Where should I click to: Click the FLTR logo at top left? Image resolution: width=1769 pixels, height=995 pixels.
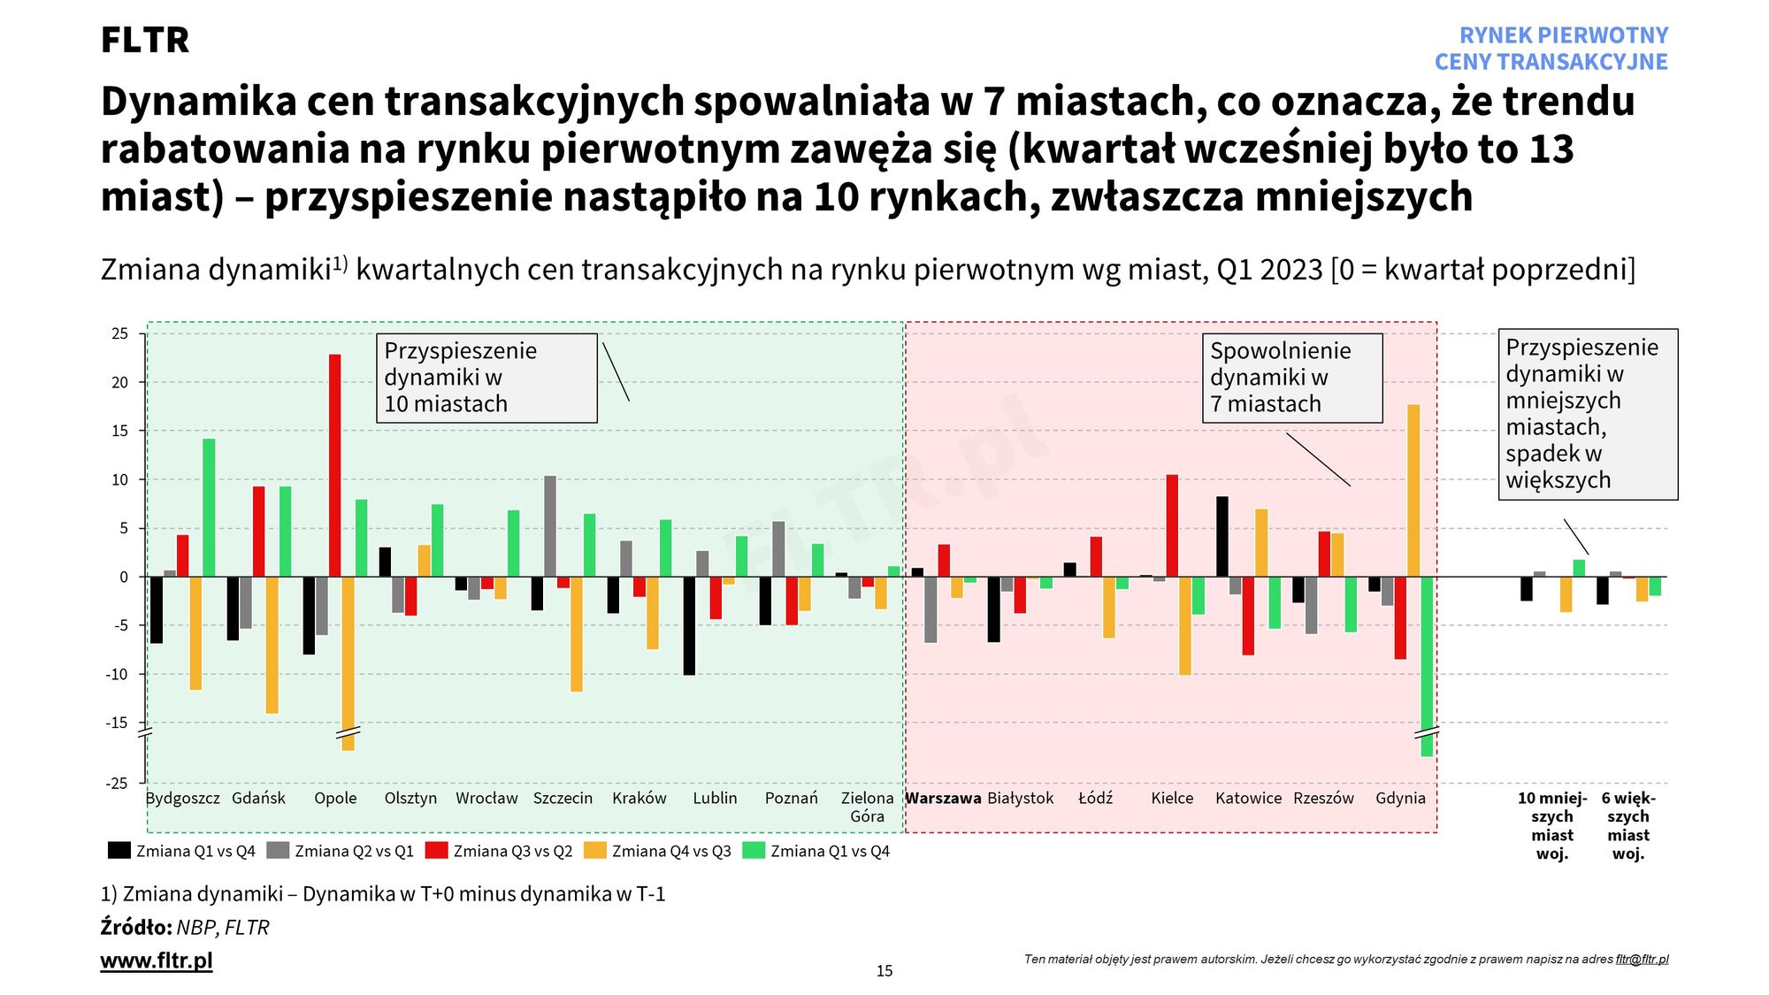click(x=145, y=41)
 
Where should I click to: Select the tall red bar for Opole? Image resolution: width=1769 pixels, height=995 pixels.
click(x=334, y=465)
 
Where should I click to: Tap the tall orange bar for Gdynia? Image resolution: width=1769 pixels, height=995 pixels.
click(x=1413, y=490)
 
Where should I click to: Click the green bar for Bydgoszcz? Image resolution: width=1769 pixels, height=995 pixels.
click(x=209, y=508)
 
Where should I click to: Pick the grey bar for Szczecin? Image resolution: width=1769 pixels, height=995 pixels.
click(x=550, y=526)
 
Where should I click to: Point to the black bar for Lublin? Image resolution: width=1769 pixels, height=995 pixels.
click(x=689, y=625)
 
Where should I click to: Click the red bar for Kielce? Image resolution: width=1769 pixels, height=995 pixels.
click(x=1172, y=525)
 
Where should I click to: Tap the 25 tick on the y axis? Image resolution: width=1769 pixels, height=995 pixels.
click(x=119, y=333)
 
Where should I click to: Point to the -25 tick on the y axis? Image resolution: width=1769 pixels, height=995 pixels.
click(x=118, y=784)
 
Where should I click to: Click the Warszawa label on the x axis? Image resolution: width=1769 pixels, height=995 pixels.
click(x=943, y=798)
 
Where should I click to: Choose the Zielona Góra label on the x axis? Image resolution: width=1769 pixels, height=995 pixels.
click(x=867, y=807)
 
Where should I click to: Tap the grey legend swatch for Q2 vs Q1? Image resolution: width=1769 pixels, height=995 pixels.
click(x=278, y=850)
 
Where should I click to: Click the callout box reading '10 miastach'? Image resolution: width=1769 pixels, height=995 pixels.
click(x=486, y=378)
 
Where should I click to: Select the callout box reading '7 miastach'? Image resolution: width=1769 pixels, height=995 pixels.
click(x=1291, y=378)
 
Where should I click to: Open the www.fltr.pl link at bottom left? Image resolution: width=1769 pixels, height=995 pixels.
click(x=157, y=961)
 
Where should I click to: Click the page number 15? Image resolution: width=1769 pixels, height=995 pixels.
click(x=884, y=971)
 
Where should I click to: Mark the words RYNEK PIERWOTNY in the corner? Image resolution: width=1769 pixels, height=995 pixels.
click(x=1563, y=35)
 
